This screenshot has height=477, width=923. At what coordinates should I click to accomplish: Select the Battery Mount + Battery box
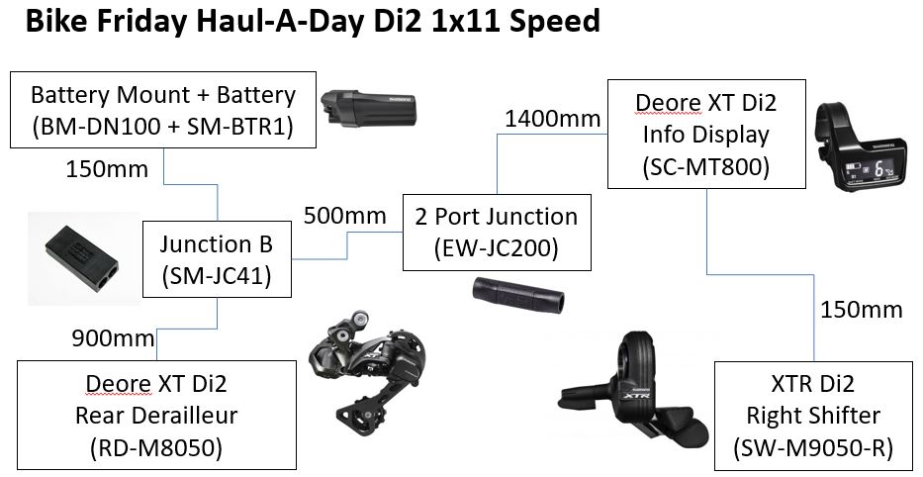tap(162, 112)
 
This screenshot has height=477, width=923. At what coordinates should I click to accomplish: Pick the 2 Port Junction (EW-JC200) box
tap(496, 233)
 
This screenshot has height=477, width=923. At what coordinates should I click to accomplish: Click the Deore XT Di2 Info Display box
tap(704, 135)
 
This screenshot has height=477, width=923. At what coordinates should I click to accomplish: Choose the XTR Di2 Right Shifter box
tap(813, 416)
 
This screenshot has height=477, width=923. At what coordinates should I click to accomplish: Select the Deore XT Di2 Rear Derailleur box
tap(157, 416)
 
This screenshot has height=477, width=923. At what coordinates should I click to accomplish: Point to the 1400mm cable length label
tap(552, 120)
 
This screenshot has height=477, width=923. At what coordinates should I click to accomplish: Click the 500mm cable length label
tap(344, 215)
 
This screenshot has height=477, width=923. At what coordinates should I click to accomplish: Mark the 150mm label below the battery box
tap(107, 169)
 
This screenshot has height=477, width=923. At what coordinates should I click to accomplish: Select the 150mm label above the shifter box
tap(861, 310)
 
